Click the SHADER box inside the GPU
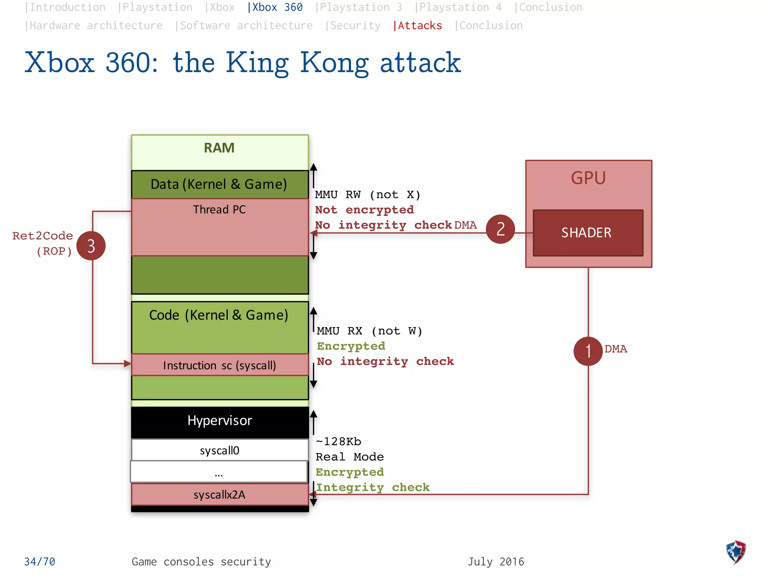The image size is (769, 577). point(588,233)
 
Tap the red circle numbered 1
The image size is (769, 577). point(588,351)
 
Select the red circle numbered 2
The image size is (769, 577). point(500,229)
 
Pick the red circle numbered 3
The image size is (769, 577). point(91,246)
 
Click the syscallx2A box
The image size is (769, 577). point(220,494)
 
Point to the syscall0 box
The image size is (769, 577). point(220,450)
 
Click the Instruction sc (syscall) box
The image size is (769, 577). point(220,365)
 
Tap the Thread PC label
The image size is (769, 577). point(220,209)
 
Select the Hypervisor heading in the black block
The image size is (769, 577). point(220,420)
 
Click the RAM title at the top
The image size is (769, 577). point(219,148)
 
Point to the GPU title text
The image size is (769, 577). point(588,178)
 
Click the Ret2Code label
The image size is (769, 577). point(42,236)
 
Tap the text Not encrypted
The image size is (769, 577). point(364,210)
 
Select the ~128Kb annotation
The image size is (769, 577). point(338,441)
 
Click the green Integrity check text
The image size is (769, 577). point(372,487)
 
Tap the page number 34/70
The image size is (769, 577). point(40,562)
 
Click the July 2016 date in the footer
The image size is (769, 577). point(496,562)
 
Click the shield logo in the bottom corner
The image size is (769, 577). point(736,552)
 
